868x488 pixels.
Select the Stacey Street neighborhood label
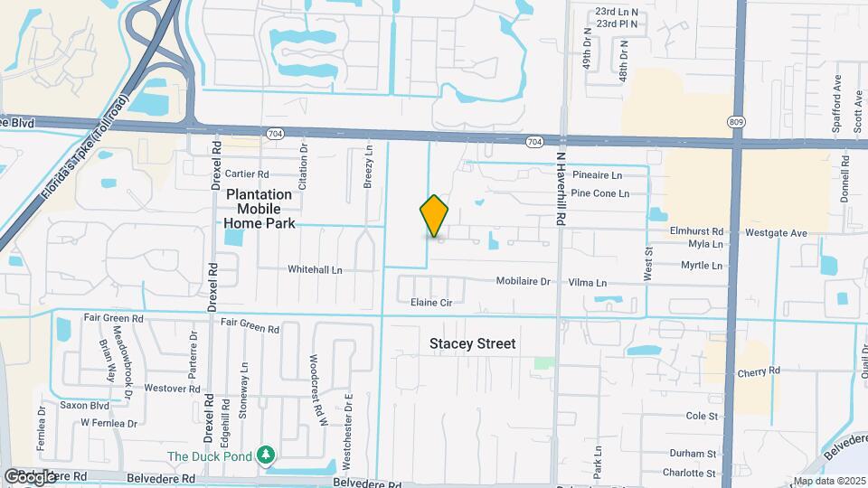[x=472, y=343]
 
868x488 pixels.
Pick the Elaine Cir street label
[x=430, y=303]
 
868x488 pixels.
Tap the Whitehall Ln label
[x=315, y=269]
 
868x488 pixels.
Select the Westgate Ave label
[x=776, y=232]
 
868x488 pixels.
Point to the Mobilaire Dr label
[x=523, y=281]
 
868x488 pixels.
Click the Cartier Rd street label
[x=247, y=174]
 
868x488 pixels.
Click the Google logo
[x=30, y=475]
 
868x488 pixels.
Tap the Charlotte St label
[x=688, y=473]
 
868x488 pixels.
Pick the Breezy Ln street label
[x=369, y=167]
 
